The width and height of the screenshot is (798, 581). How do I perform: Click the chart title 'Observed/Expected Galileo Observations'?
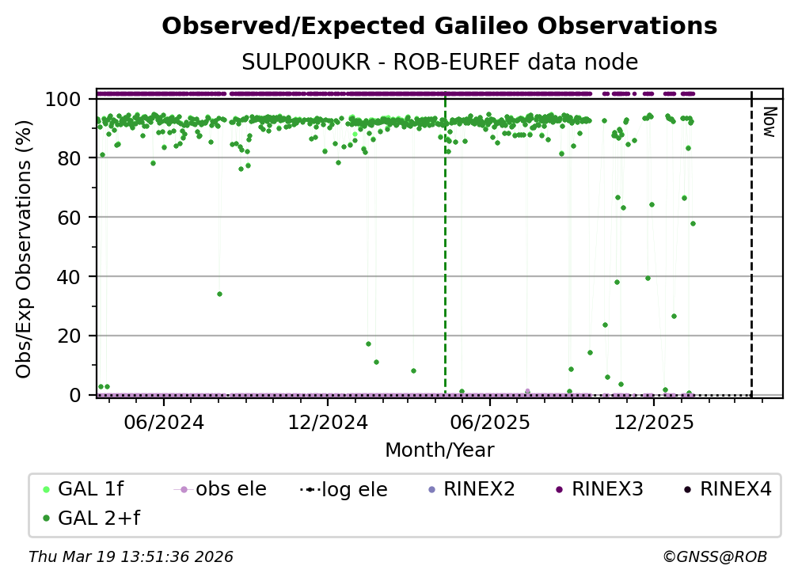[x=439, y=27]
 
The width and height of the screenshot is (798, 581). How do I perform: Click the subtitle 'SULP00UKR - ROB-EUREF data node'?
[x=439, y=63]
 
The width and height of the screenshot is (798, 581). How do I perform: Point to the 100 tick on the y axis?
[x=63, y=100]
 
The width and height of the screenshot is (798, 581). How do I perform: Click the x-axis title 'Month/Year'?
[x=439, y=450]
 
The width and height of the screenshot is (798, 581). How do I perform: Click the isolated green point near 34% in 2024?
[x=219, y=294]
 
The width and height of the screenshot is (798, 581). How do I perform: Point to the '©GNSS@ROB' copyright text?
[x=714, y=557]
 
